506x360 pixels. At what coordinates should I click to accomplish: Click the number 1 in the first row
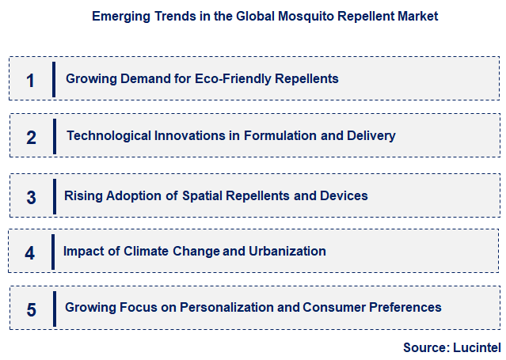(x=30, y=80)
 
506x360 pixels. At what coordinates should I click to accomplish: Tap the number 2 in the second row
(x=31, y=137)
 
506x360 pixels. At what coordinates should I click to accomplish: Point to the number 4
(x=30, y=253)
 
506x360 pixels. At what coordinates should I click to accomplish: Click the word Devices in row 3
(x=344, y=195)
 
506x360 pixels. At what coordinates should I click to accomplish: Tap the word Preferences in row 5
(x=399, y=307)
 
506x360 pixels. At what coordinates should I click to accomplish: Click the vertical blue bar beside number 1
(x=53, y=78)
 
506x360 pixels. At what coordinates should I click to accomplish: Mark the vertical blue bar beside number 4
(x=53, y=252)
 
